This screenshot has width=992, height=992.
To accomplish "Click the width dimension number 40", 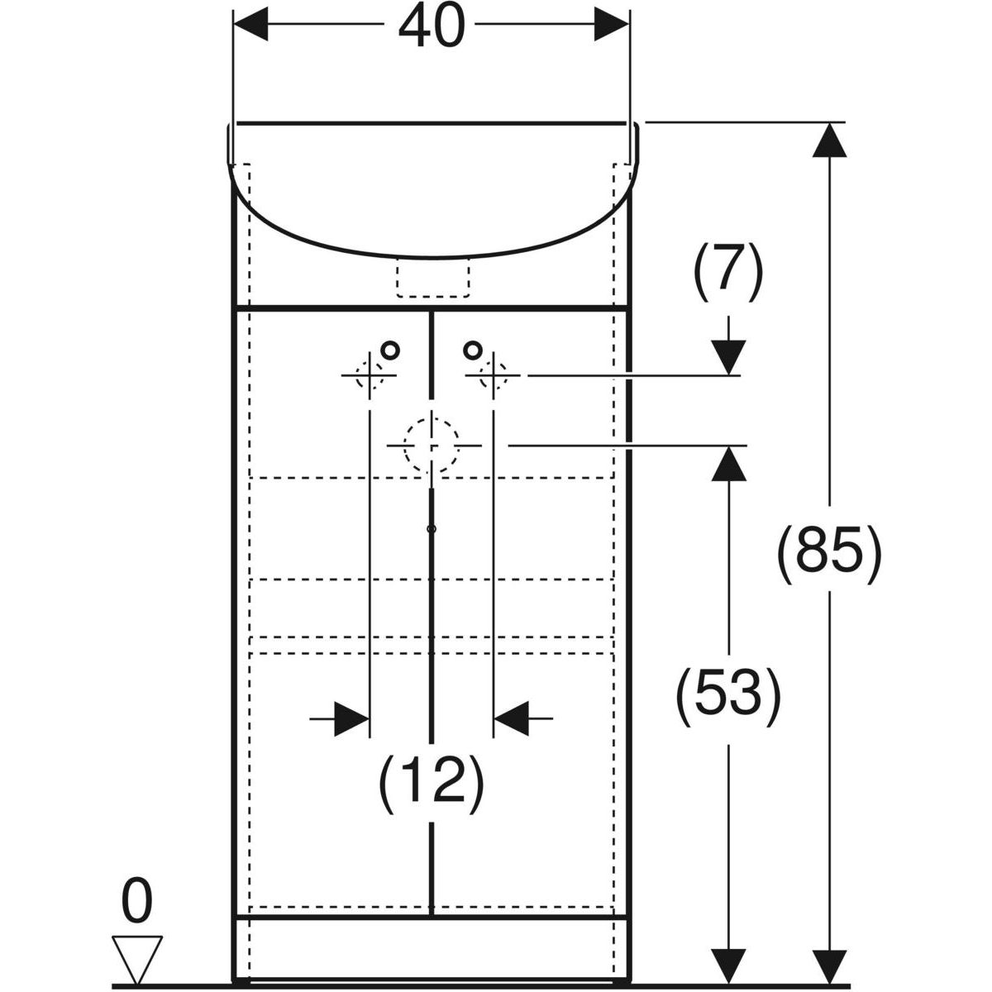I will tap(432, 28).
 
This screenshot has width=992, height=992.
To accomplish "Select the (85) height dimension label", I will tap(829, 549).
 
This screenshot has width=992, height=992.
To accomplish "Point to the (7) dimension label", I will tap(727, 269).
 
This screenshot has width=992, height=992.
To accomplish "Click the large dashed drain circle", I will tap(431, 445).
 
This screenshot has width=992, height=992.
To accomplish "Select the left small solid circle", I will tap(390, 350).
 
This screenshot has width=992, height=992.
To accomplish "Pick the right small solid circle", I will tap(471, 350).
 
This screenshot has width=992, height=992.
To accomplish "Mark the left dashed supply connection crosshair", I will tap(369, 376).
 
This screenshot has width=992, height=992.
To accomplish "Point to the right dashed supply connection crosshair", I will tap(494, 376).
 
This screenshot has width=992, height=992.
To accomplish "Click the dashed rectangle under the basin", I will tap(433, 279).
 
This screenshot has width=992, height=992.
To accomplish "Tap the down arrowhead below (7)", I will tap(728, 357).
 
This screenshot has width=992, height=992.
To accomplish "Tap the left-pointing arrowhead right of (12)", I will tap(512, 718).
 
